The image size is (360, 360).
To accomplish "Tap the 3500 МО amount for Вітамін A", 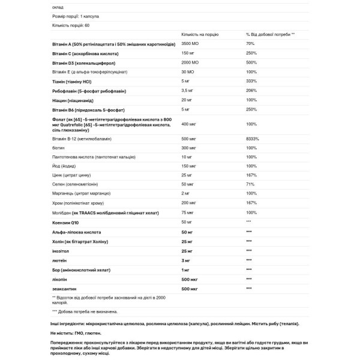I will tap(191, 44).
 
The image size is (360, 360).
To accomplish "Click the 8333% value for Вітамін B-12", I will tap(251, 137).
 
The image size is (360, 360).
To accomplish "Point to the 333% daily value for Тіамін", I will tap(250, 81).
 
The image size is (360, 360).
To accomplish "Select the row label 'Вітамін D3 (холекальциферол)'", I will tap(78, 62).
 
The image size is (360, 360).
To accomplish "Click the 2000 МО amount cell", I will tap(191, 62).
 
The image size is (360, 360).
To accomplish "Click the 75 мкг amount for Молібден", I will tap(188, 212).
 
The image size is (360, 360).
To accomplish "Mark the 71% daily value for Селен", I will tap(249, 184).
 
